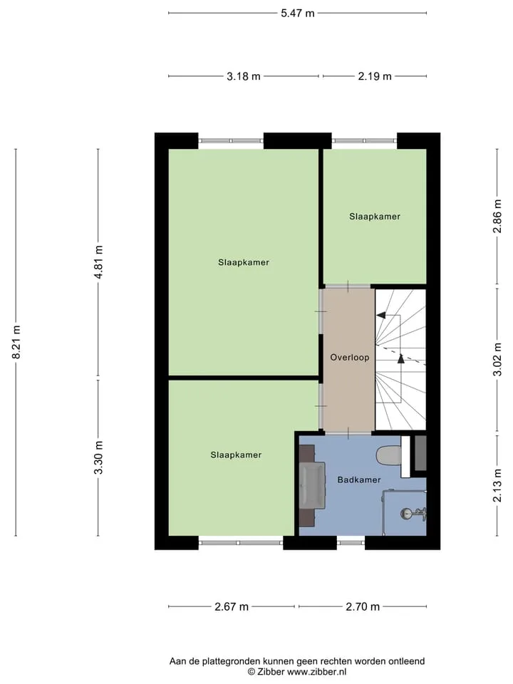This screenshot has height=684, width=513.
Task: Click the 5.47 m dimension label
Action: click(298, 13)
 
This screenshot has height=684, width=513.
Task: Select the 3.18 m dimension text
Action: click(244, 76)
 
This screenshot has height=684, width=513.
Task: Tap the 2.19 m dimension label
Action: click(375, 76)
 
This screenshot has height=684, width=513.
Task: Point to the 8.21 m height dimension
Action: click(16, 342)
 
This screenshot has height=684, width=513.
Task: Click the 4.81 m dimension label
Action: click(98, 261)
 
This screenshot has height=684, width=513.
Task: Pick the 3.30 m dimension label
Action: click(98, 457)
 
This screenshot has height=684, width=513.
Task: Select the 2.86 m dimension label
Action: click(497, 216)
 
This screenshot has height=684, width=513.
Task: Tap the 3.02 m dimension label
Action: click(497, 359)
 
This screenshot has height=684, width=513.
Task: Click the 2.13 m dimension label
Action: click(497, 485)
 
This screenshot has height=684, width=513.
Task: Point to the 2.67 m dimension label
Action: click(232, 607)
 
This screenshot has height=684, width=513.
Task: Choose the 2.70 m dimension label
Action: click(363, 607)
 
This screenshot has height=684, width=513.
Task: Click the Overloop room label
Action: click(349, 358)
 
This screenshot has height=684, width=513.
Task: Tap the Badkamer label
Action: click(359, 480)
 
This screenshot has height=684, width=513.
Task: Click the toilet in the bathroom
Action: click(389, 455)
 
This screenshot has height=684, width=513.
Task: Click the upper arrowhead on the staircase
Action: click(380, 315)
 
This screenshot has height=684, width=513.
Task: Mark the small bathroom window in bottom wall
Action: click(351, 543)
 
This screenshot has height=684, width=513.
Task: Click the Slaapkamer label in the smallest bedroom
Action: click(375, 217)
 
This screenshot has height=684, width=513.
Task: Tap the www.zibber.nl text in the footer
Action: click(316, 672)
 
